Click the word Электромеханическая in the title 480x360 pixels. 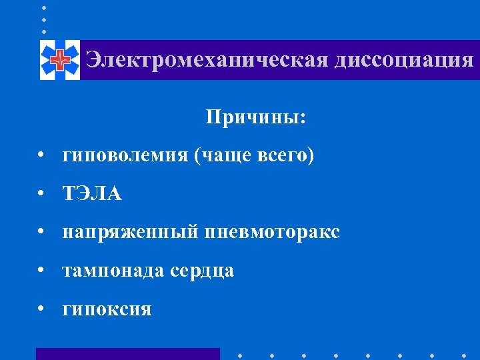click(x=207, y=60)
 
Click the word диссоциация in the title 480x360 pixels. click(x=404, y=60)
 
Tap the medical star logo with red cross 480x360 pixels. click(x=59, y=61)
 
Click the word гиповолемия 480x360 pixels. click(x=125, y=156)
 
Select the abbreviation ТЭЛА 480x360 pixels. click(x=93, y=194)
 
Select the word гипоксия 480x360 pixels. click(x=107, y=309)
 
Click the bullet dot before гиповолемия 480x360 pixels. click(x=42, y=156)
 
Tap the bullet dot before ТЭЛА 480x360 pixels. click(x=42, y=194)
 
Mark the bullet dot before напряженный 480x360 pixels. click(x=42, y=232)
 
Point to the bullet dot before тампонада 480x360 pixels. click(x=42, y=271)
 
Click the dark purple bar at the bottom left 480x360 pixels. click(x=127, y=353)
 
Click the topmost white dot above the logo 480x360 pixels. click(x=44, y=7)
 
